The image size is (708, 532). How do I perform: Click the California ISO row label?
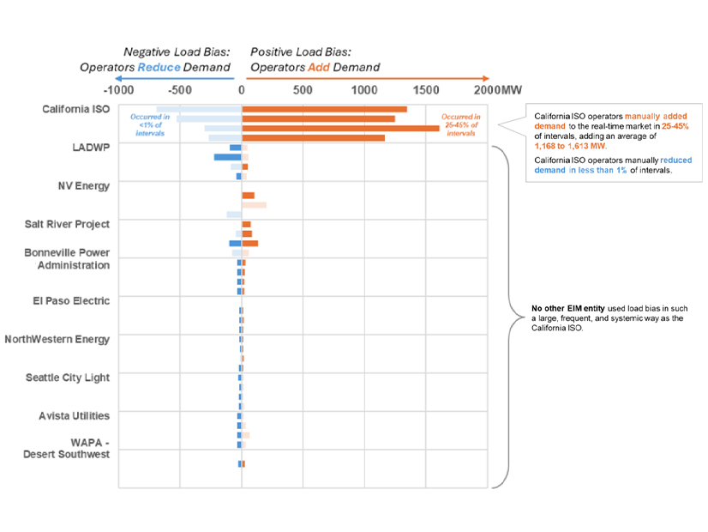pos(75,109)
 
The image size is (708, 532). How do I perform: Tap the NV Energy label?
pos(83,186)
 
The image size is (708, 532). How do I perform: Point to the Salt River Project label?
pos(67,225)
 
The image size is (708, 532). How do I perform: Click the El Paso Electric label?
pos(73,301)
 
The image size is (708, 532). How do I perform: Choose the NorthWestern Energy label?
pos(57,339)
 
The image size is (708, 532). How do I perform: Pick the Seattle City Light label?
pos(68,378)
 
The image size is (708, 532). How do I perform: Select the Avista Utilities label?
pos(75,416)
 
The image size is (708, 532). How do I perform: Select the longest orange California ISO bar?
pos(340,128)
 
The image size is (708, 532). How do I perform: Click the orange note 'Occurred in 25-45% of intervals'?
pos(461,125)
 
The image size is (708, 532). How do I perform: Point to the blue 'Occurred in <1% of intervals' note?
pos(150,125)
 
